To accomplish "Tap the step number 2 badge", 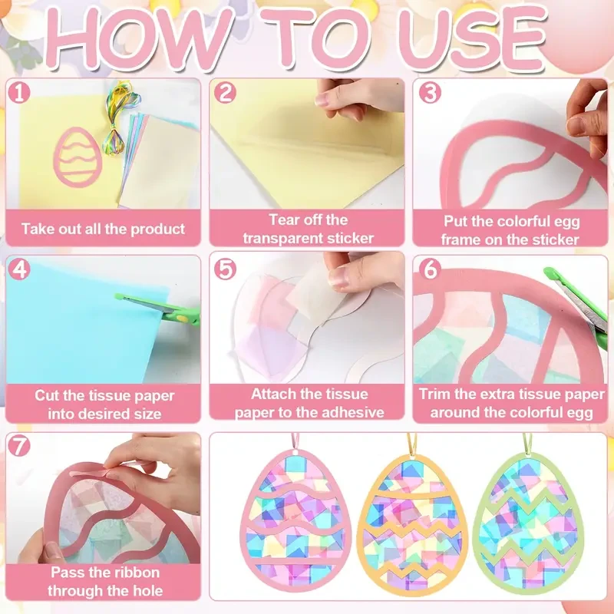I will click(x=225, y=94).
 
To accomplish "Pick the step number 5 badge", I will click(x=225, y=269).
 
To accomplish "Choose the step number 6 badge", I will click(x=431, y=269).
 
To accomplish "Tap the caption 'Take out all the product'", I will click(x=103, y=229).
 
